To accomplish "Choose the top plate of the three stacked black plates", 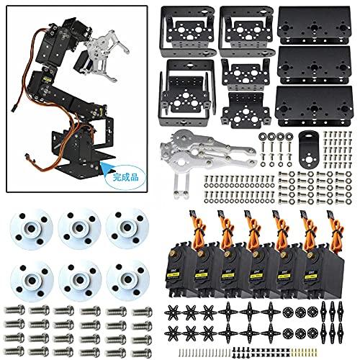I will pos(318,26).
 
